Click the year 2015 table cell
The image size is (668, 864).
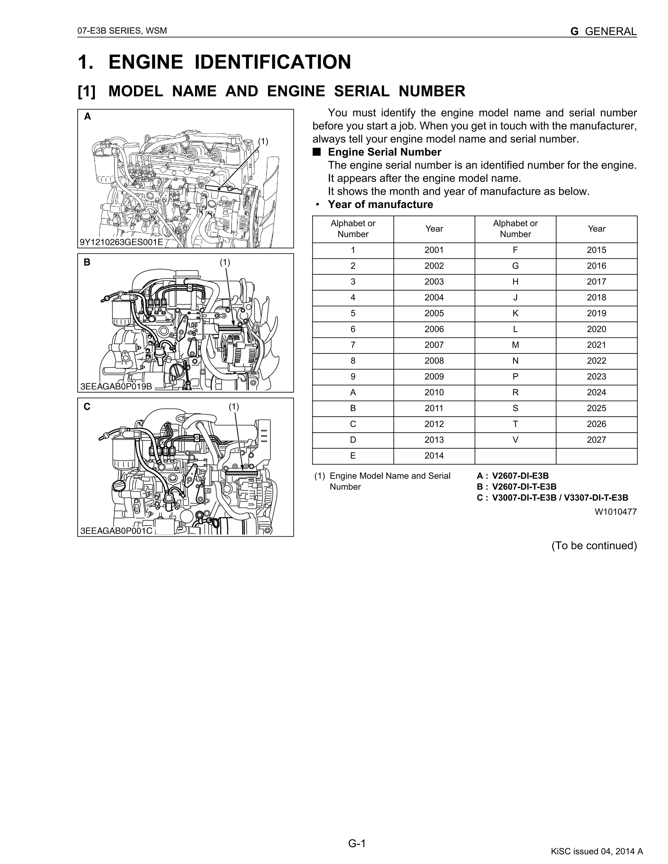[596, 250]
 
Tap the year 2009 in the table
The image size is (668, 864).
[434, 377]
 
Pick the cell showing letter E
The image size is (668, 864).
[353, 456]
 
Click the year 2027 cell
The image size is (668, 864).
[596, 440]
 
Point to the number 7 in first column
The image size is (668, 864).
[353, 345]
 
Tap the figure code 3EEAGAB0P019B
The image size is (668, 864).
[116, 386]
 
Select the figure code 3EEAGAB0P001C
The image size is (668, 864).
[116, 531]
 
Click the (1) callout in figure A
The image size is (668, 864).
[263, 141]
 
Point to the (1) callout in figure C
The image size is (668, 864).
[234, 407]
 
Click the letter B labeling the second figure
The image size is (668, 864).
[87, 262]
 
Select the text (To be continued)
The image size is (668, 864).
[594, 545]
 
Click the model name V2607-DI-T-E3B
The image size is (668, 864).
[524, 486]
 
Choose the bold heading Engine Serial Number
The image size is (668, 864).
[384, 152]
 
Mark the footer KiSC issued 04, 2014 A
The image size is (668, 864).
[597, 851]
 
